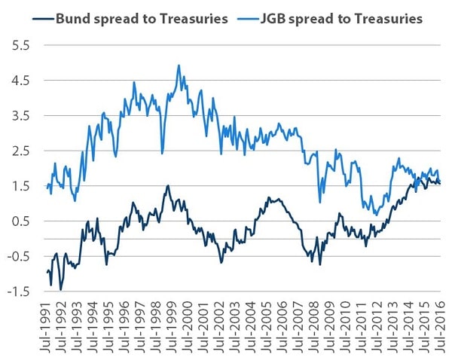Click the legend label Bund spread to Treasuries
[142, 18]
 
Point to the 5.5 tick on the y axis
[18, 45]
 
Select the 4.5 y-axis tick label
[18, 81]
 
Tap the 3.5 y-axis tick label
[18, 115]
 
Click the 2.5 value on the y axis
[18, 151]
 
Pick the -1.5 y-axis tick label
[16, 291]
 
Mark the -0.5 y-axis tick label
[16, 256]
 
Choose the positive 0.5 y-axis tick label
[18, 221]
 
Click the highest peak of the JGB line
[179, 66]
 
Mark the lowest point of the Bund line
[60, 289]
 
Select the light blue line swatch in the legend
[247, 18]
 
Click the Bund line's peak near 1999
[167, 186]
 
